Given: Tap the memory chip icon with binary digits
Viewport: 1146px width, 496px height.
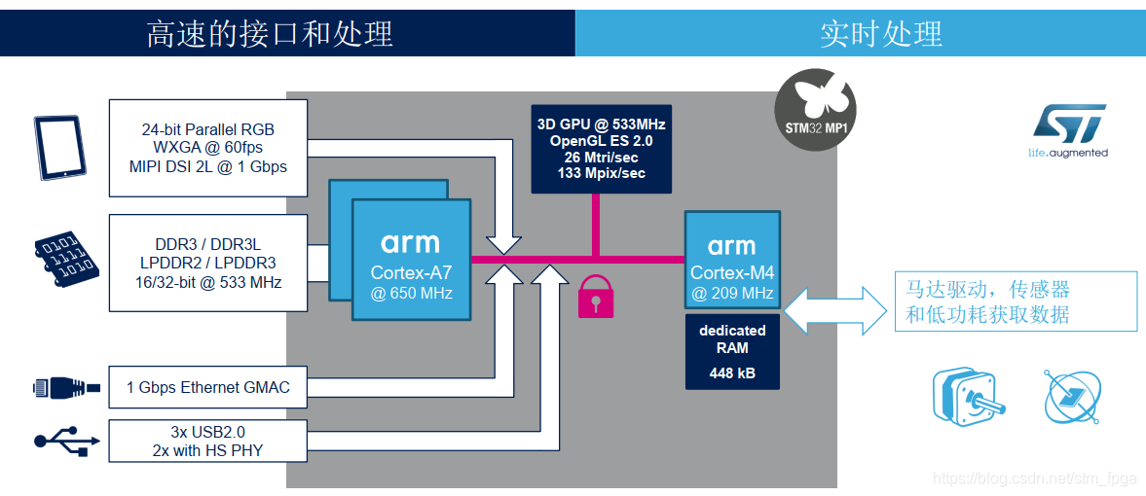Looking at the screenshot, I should coord(65,259).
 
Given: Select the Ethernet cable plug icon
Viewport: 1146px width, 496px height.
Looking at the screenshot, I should coord(65,388).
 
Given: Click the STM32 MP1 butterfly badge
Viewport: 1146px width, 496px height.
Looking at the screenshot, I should coord(815,108).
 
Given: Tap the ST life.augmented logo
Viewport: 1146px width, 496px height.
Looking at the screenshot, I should coord(1068,131).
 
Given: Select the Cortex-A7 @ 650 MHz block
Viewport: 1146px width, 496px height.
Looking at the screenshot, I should coord(411,260).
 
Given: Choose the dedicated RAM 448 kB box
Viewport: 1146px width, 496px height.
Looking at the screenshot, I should coord(732,351).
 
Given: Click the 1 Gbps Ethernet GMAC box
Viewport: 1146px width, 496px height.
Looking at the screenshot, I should coord(208,388).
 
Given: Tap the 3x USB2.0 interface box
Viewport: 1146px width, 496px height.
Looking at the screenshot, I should coord(208,441).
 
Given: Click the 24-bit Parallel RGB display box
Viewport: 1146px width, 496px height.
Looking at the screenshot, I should coord(208,147).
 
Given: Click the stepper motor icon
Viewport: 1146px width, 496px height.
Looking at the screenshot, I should coord(966,398).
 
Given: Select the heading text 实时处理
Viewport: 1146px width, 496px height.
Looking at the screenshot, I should coord(880,34).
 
